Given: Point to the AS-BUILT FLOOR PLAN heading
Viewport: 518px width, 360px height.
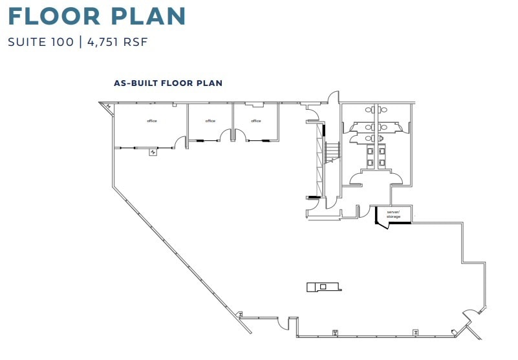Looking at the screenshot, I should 168,83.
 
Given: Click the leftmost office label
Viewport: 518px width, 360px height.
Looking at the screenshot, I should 152,121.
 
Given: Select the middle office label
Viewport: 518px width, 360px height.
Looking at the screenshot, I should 210,121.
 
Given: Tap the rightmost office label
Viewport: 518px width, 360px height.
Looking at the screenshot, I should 256,121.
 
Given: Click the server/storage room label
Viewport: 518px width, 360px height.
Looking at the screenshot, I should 393,214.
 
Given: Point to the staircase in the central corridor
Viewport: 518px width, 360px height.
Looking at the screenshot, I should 332,153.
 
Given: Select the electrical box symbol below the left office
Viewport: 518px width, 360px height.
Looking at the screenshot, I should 153,153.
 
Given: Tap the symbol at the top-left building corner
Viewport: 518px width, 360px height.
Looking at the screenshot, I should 107,107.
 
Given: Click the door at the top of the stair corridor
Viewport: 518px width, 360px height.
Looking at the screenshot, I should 332,99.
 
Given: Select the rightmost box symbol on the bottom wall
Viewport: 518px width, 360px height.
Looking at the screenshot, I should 416,332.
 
